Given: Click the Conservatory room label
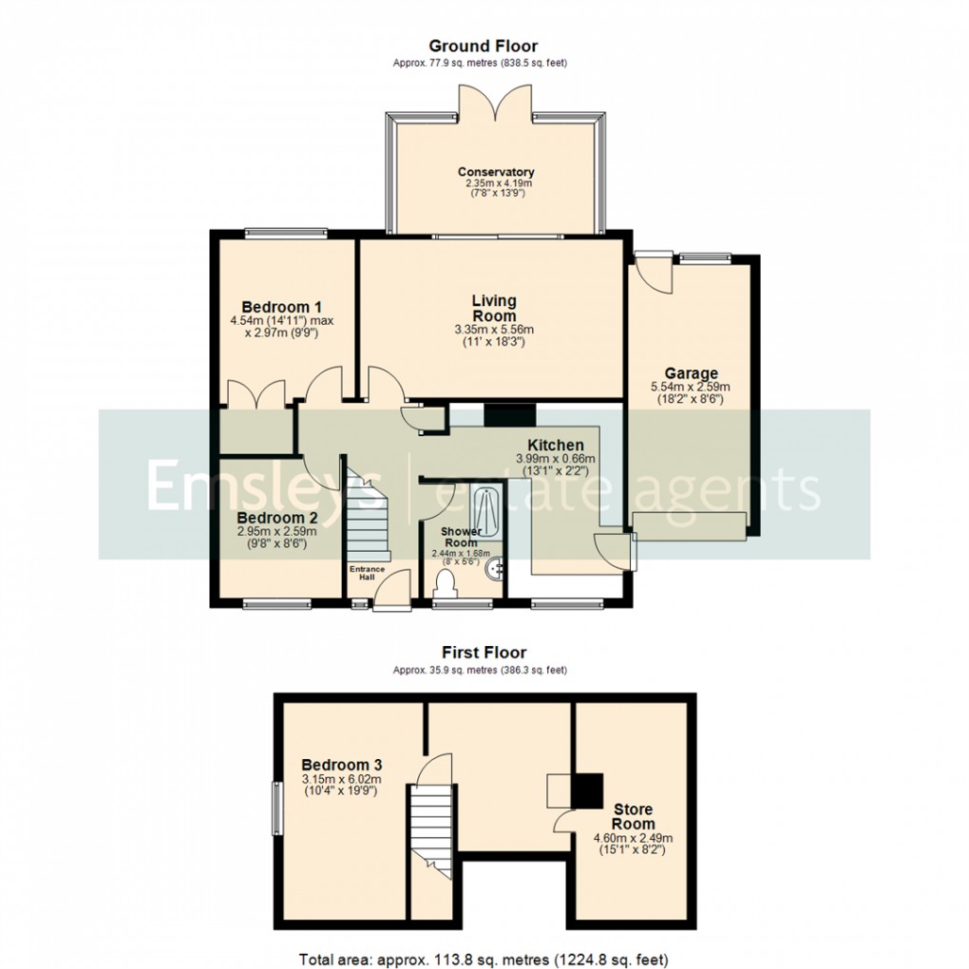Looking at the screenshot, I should click(x=496, y=172).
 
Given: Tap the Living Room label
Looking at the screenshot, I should click(x=494, y=309).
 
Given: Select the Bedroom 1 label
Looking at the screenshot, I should click(x=281, y=307).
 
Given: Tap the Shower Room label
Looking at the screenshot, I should click(x=458, y=537).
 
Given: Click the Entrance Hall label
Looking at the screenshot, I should click(x=367, y=572).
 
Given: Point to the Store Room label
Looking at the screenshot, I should click(x=633, y=817).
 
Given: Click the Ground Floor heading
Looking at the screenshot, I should click(x=483, y=46).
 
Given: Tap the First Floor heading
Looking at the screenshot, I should click(x=483, y=653).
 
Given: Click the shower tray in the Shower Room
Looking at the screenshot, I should click(x=486, y=503).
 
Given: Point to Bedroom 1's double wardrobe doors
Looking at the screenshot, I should click(x=257, y=392).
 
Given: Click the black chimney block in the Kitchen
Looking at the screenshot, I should click(x=510, y=415).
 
